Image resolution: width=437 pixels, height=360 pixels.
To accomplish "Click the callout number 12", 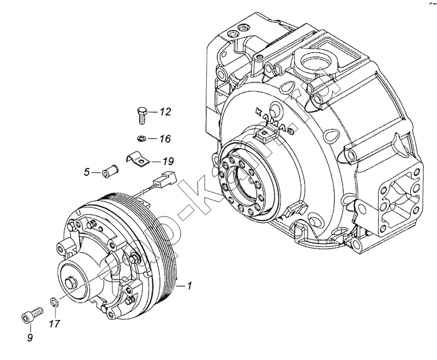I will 165,112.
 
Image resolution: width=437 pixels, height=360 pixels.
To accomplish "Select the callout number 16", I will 165,139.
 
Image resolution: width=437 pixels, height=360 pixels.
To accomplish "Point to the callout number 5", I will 88,172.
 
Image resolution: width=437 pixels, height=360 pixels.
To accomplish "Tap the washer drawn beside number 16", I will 142,138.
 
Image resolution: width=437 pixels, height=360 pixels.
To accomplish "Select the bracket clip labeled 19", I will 140,159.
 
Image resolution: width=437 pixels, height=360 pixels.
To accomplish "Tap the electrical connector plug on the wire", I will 165,180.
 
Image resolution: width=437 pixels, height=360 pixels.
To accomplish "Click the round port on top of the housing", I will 310,65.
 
